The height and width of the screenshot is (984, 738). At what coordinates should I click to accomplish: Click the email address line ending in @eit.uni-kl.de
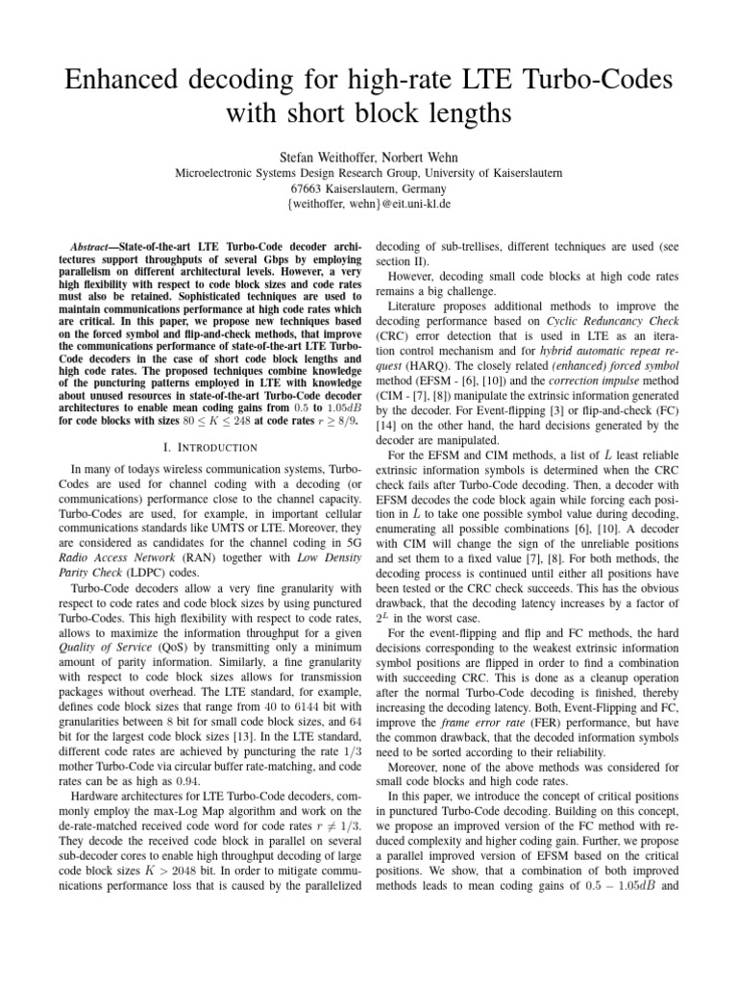coord(368,205)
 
